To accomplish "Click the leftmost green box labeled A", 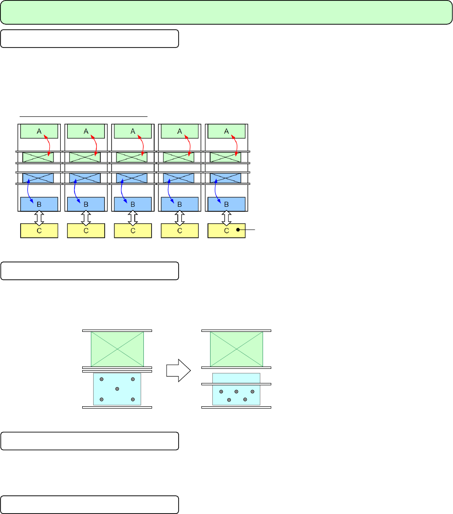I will [x=39, y=131].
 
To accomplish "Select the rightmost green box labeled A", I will [x=226, y=131].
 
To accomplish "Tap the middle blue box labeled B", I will [x=132, y=204].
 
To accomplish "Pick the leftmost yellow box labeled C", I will [x=39, y=231].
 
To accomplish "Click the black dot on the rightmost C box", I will [x=238, y=231].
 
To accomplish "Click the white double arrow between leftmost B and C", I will [x=39, y=217].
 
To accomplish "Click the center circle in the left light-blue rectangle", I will [x=117, y=389].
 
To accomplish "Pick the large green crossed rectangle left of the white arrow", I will [x=117, y=349].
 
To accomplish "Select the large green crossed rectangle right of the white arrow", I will [x=236, y=349].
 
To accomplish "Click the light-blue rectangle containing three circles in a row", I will [x=236, y=389].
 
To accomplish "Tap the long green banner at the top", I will [x=226, y=12].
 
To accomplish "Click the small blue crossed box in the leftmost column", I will [x=38, y=178].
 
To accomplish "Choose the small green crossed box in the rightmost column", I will [x=226, y=157].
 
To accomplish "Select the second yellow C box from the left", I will [x=86, y=231].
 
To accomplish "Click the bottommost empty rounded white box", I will [x=89, y=504].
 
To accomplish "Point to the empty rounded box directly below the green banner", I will [x=89, y=39].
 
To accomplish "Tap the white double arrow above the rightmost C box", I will [x=226, y=217].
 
